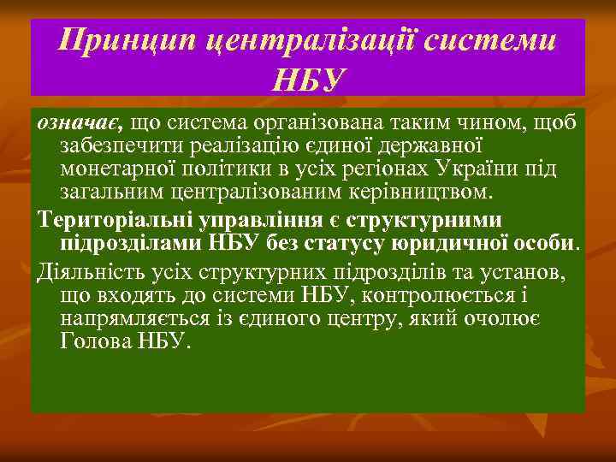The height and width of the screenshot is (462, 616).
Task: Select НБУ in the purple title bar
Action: [x=308, y=79]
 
